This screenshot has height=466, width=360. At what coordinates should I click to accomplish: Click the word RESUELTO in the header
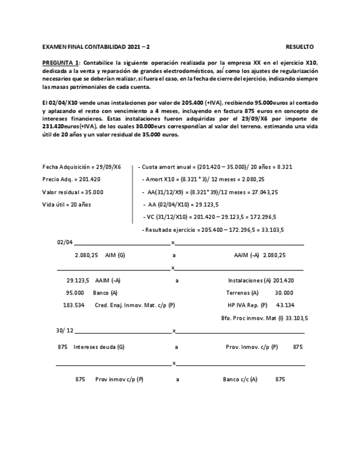coord(300,47)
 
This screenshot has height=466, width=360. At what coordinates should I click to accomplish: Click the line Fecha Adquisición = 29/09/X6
coord(81,167)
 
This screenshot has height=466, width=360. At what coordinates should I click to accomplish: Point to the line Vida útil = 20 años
coord(67,204)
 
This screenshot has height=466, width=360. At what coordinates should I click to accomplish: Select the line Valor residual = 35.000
coord(73,192)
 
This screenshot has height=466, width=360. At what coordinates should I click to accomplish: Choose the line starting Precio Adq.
coord(71,179)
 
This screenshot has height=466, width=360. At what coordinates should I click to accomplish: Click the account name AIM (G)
coord(115,255)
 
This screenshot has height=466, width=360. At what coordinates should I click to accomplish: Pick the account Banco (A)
coord(105,293)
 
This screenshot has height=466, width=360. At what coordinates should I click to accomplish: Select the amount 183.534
coord(74,305)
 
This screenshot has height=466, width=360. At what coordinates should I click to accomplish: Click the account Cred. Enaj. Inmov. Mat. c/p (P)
coord(135,305)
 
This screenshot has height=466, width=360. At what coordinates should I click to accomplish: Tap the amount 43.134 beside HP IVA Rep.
coord(285,305)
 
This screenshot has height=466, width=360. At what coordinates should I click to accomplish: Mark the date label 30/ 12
coord(64,331)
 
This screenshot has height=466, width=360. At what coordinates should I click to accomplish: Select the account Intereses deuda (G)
coord(99,347)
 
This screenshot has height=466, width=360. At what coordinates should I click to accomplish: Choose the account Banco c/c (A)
coord(240,379)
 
